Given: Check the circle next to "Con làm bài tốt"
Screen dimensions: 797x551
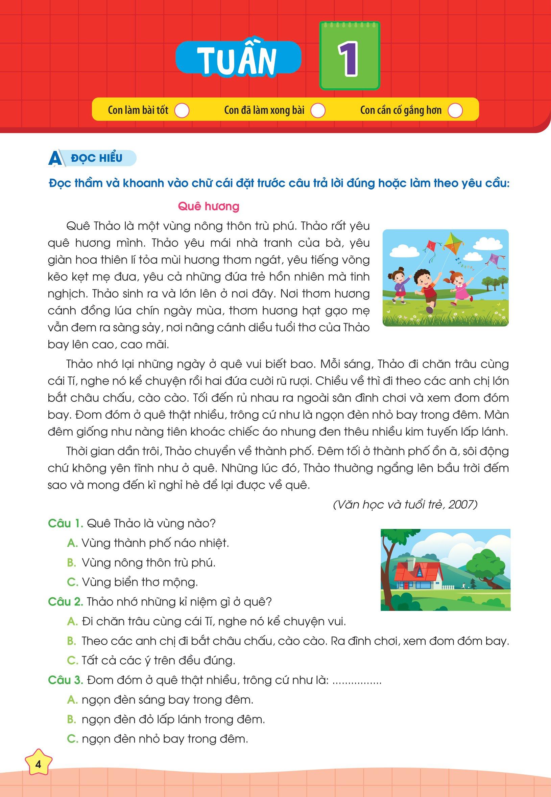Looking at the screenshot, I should [x=182, y=111].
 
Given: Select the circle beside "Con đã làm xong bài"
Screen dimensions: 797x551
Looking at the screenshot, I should [x=318, y=111].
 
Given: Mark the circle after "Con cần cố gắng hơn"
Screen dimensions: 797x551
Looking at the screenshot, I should [x=455, y=111].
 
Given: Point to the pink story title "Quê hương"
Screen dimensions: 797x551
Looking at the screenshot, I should [x=208, y=207].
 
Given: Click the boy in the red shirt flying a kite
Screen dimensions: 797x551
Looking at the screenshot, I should [x=424, y=287].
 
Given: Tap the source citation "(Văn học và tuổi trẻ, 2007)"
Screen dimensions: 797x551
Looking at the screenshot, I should [x=405, y=505].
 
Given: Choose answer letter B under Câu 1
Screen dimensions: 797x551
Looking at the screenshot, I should [x=71, y=563].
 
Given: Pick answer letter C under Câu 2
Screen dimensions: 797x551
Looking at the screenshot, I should [x=72, y=661].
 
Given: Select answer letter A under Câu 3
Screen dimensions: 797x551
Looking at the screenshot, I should [x=72, y=700].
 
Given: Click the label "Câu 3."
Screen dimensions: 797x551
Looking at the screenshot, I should [x=65, y=680].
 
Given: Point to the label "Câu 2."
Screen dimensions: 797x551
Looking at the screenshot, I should [x=65, y=602].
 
